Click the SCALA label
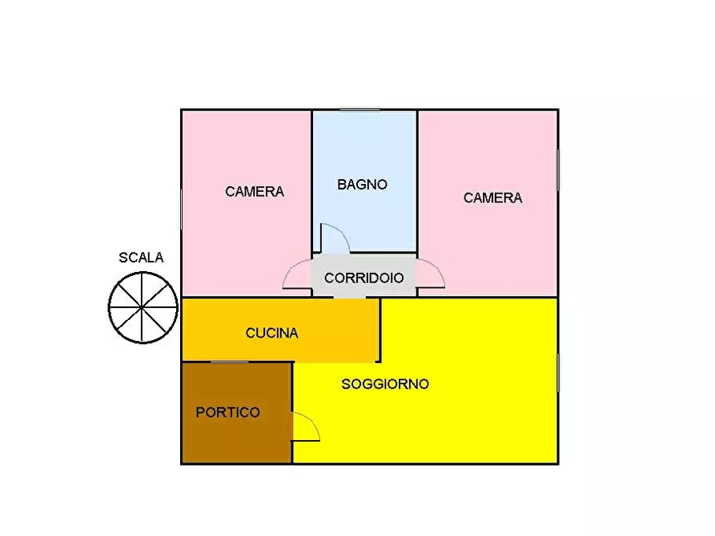coord(141,258)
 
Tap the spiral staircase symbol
coord(143,307)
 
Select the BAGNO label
coord(362,185)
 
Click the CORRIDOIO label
coord(364,278)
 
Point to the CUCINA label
coord(271,333)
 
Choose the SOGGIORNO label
coord(385,384)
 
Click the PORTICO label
coord(228,413)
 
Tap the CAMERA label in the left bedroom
coord(255,192)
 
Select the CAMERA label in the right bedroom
coord(492,198)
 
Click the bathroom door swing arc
coord(335,237)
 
